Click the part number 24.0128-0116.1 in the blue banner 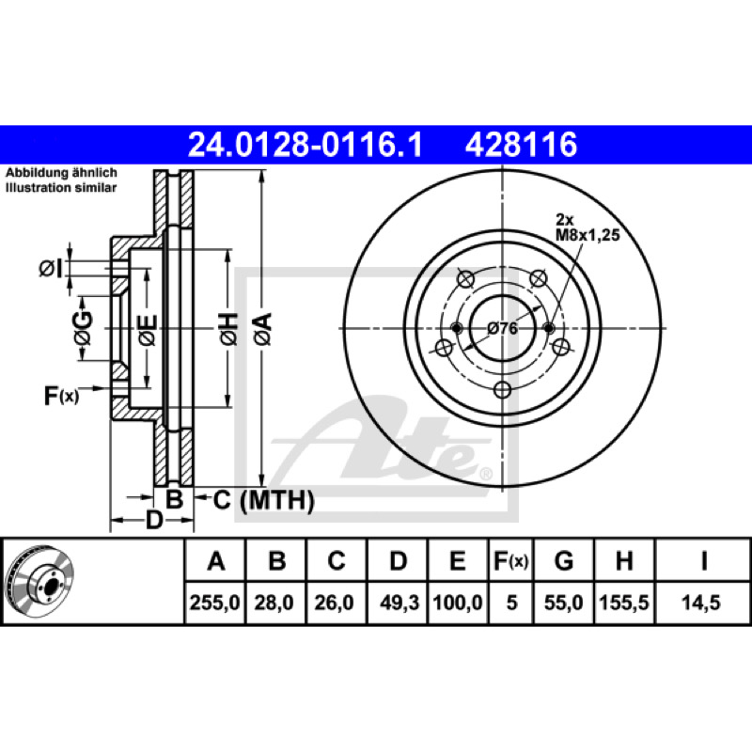tap(305, 145)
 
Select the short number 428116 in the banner tap(521, 145)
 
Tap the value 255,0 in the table tap(214, 603)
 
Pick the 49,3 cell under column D tap(399, 603)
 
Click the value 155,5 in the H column tap(624, 603)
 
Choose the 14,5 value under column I tap(701, 603)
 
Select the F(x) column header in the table tap(510, 560)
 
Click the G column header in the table tap(563, 560)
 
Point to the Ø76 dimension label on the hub tap(503, 328)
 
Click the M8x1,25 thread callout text tap(587, 235)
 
